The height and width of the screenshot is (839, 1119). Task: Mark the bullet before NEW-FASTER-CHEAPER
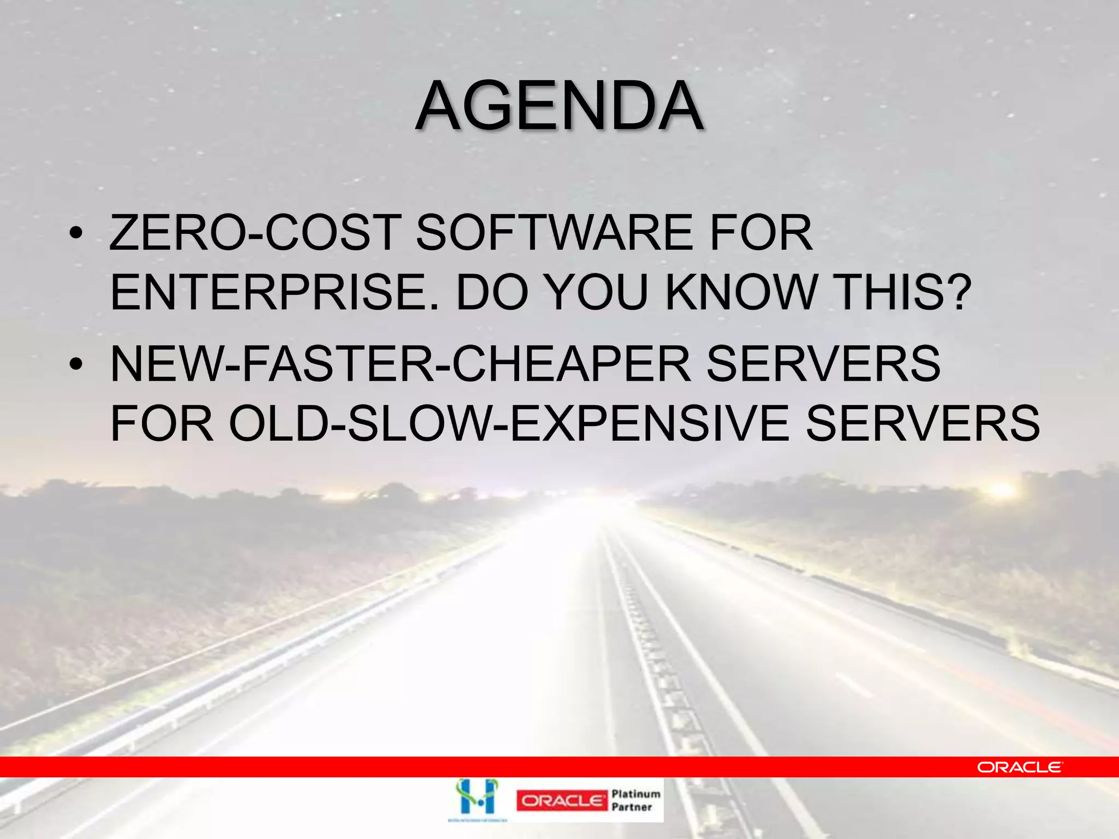point(76,364)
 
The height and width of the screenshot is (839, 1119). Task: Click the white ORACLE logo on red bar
point(1020,767)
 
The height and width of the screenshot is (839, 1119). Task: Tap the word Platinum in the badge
point(636,794)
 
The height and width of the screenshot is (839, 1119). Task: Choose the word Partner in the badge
point(632,807)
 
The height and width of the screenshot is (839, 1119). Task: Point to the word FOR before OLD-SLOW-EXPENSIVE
point(161,424)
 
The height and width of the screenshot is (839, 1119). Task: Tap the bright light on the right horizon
point(1002,490)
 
